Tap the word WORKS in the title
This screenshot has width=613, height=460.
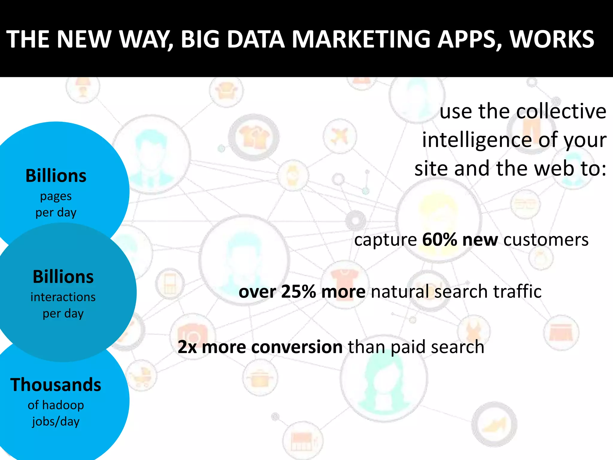click(x=552, y=39)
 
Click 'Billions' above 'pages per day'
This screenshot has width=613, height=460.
click(x=56, y=175)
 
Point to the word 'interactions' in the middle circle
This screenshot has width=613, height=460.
click(x=63, y=297)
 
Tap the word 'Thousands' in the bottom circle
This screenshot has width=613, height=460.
click(x=56, y=385)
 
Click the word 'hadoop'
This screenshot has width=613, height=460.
click(x=63, y=405)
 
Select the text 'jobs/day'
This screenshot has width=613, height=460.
click(x=56, y=421)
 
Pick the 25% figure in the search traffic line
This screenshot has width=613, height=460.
click(x=298, y=291)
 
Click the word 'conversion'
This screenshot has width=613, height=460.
click(x=297, y=347)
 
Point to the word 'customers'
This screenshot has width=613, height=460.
click(x=546, y=240)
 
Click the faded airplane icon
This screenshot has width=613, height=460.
click(x=339, y=136)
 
